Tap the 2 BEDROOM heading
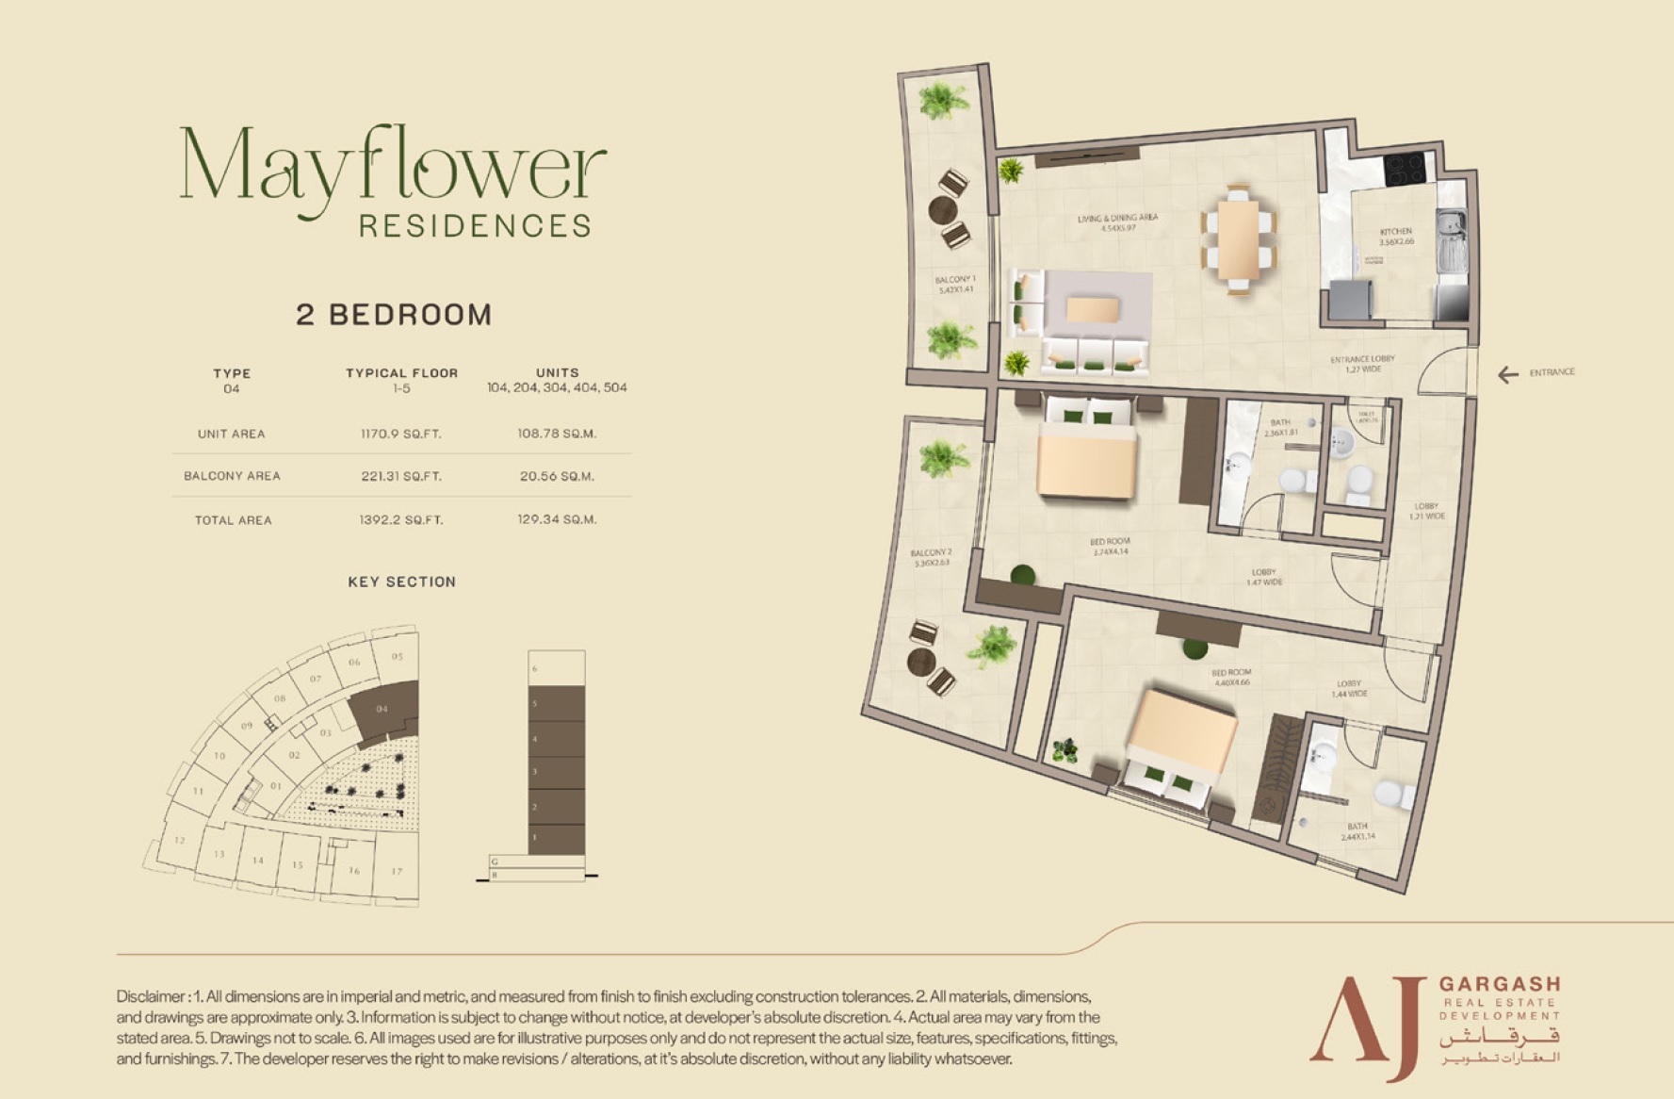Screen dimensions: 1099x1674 coord(394,315)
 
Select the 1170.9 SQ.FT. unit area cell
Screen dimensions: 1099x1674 coord(401,435)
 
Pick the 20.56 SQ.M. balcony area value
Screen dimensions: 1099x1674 coord(557,477)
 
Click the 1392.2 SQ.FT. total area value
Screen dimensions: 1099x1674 coord(401,520)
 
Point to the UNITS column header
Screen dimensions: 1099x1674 coord(557,373)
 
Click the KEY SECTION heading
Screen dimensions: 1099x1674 coord(401,582)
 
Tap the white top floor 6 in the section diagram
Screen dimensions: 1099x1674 coord(557,668)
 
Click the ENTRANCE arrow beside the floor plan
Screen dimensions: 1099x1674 coord(1508,375)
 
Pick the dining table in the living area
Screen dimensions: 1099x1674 coord(1238,240)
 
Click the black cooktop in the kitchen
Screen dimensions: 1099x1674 coord(1404,170)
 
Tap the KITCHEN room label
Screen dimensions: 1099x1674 coord(1396,232)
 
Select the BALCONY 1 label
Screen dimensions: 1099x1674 coord(954,280)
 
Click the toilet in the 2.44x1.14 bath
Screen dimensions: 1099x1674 coord(1392,795)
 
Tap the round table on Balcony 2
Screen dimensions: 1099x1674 coord(921,662)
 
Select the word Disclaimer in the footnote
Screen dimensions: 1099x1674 coord(151,996)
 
